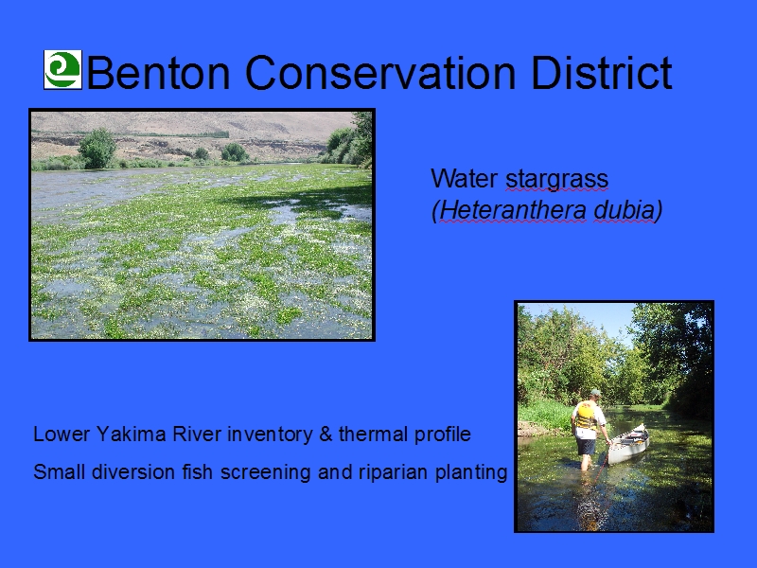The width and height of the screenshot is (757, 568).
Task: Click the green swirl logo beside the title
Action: pyautogui.click(x=62, y=69)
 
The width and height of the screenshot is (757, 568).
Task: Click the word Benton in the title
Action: pyautogui.click(x=158, y=73)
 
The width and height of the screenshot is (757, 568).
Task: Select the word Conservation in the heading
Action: pyautogui.click(x=381, y=73)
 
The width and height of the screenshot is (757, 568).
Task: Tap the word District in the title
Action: pyautogui.click(x=602, y=73)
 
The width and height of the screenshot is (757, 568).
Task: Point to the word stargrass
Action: pyautogui.click(x=556, y=179)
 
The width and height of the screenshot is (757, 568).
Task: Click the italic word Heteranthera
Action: pyautogui.click(x=513, y=210)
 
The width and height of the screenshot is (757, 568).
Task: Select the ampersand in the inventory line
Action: pyautogui.click(x=326, y=434)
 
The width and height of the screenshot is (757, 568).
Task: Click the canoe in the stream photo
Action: pyautogui.click(x=628, y=444)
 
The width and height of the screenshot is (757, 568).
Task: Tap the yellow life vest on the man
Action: pyautogui.click(x=586, y=416)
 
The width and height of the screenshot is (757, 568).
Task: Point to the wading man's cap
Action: pyautogui.click(x=596, y=392)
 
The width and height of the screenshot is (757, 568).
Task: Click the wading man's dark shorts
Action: pyautogui.click(x=586, y=446)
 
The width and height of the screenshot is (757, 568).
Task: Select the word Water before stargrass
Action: pyautogui.click(x=465, y=179)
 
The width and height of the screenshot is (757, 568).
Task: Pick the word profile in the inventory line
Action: pyautogui.click(x=442, y=435)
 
